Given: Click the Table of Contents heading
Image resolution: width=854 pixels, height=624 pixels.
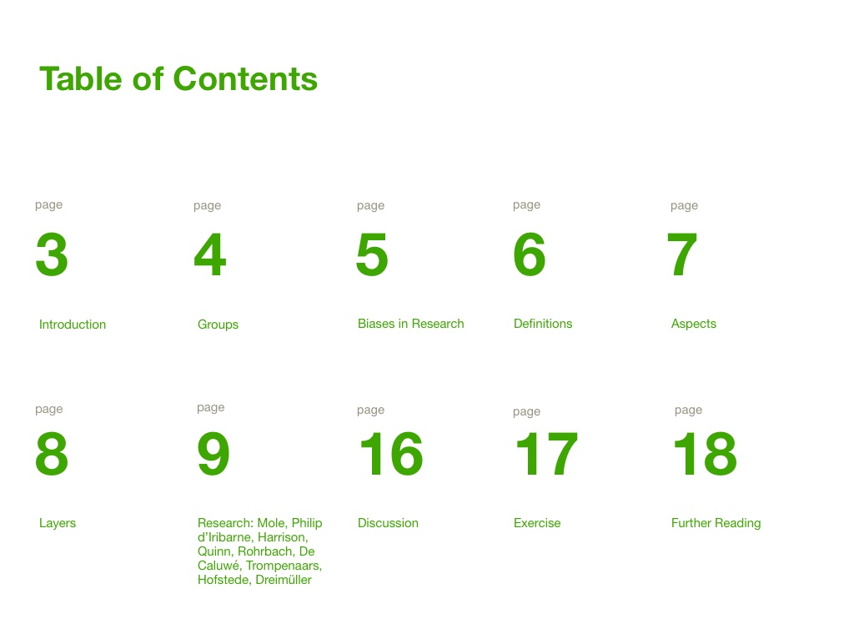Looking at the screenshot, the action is click(178, 78).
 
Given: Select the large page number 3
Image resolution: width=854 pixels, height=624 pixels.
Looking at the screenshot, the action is click(52, 254).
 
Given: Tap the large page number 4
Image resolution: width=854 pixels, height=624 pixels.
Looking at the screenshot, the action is click(209, 254).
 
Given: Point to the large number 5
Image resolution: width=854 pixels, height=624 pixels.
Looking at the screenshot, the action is click(372, 254).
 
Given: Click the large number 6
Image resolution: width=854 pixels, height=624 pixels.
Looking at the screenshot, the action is click(530, 254).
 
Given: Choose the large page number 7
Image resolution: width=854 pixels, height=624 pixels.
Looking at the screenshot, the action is click(682, 254).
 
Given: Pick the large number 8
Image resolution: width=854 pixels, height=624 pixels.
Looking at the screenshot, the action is click(52, 454).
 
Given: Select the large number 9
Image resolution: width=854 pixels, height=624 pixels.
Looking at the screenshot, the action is click(213, 454).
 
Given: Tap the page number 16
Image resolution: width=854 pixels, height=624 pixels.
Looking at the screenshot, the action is click(391, 454).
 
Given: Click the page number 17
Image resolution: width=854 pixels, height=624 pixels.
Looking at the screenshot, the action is click(546, 454).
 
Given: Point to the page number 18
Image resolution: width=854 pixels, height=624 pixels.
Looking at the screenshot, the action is click(706, 454).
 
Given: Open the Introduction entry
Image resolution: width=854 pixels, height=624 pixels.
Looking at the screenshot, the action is click(73, 325).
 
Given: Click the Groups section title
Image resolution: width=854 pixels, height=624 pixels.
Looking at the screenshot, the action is click(218, 325).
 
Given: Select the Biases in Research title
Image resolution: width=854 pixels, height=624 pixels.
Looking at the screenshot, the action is click(410, 324).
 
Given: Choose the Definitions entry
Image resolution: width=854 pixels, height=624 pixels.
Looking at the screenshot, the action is click(543, 324).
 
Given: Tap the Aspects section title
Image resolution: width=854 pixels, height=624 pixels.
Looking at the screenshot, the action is click(693, 325).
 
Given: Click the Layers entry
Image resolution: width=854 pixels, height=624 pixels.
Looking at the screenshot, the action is click(58, 523).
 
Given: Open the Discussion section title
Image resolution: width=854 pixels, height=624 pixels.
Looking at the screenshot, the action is click(388, 523).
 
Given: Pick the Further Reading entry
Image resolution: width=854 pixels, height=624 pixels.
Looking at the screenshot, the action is click(716, 523).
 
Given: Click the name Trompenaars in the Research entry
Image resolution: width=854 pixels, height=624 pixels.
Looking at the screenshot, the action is click(284, 566).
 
